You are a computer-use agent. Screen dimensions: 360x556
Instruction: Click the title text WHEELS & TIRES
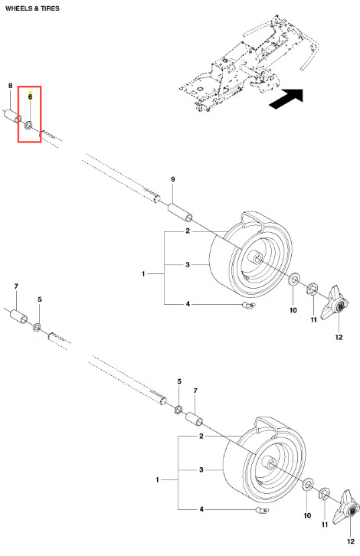click(x=32, y=8)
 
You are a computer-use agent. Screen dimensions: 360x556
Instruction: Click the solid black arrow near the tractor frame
click(x=286, y=99)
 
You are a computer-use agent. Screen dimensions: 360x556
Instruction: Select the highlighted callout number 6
click(x=30, y=96)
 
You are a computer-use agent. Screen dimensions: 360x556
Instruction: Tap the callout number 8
click(x=10, y=86)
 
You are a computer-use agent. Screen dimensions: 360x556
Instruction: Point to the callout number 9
click(x=173, y=179)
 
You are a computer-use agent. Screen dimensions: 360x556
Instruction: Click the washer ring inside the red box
click(x=28, y=125)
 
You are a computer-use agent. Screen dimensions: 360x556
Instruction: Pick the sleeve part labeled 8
click(x=13, y=116)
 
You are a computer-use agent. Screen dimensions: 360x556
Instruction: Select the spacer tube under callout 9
click(x=181, y=212)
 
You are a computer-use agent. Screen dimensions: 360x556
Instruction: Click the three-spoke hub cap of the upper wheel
click(x=335, y=303)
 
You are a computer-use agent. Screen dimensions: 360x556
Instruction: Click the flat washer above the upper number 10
click(x=293, y=280)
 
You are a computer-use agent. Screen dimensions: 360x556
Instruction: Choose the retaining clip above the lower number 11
click(x=325, y=493)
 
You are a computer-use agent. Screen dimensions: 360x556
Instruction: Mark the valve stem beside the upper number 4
click(x=248, y=305)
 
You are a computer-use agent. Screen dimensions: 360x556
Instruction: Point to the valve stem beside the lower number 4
click(x=262, y=510)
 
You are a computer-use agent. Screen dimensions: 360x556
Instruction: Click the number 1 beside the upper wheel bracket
click(x=143, y=273)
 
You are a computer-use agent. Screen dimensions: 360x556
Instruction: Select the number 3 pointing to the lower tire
click(x=201, y=469)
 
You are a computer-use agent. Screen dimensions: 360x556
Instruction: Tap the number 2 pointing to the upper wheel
click(x=188, y=231)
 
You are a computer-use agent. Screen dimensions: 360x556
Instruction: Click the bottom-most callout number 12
click(x=350, y=541)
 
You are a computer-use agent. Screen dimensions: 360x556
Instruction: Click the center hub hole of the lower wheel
click(x=271, y=463)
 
